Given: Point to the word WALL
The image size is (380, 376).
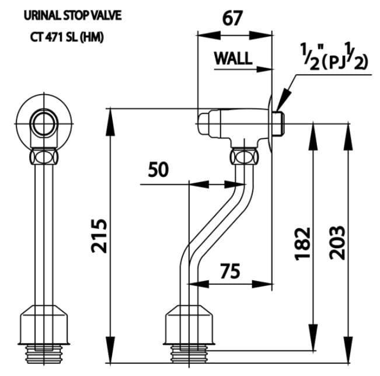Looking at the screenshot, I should click(x=233, y=58).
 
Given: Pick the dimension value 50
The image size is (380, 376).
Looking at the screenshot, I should click(x=158, y=170).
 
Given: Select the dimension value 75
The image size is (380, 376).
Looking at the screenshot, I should click(x=233, y=271).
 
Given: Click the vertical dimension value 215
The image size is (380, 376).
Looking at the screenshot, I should click(x=99, y=235).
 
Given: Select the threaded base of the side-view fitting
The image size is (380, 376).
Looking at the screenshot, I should click(x=190, y=353).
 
